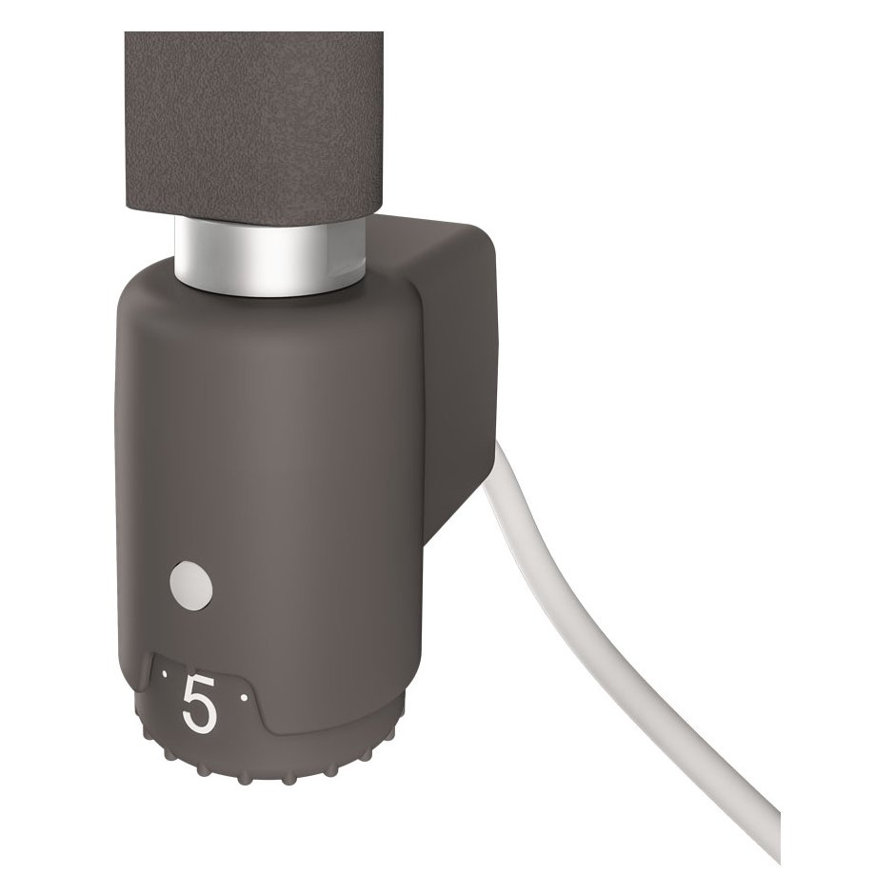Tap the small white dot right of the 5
(244, 697)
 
